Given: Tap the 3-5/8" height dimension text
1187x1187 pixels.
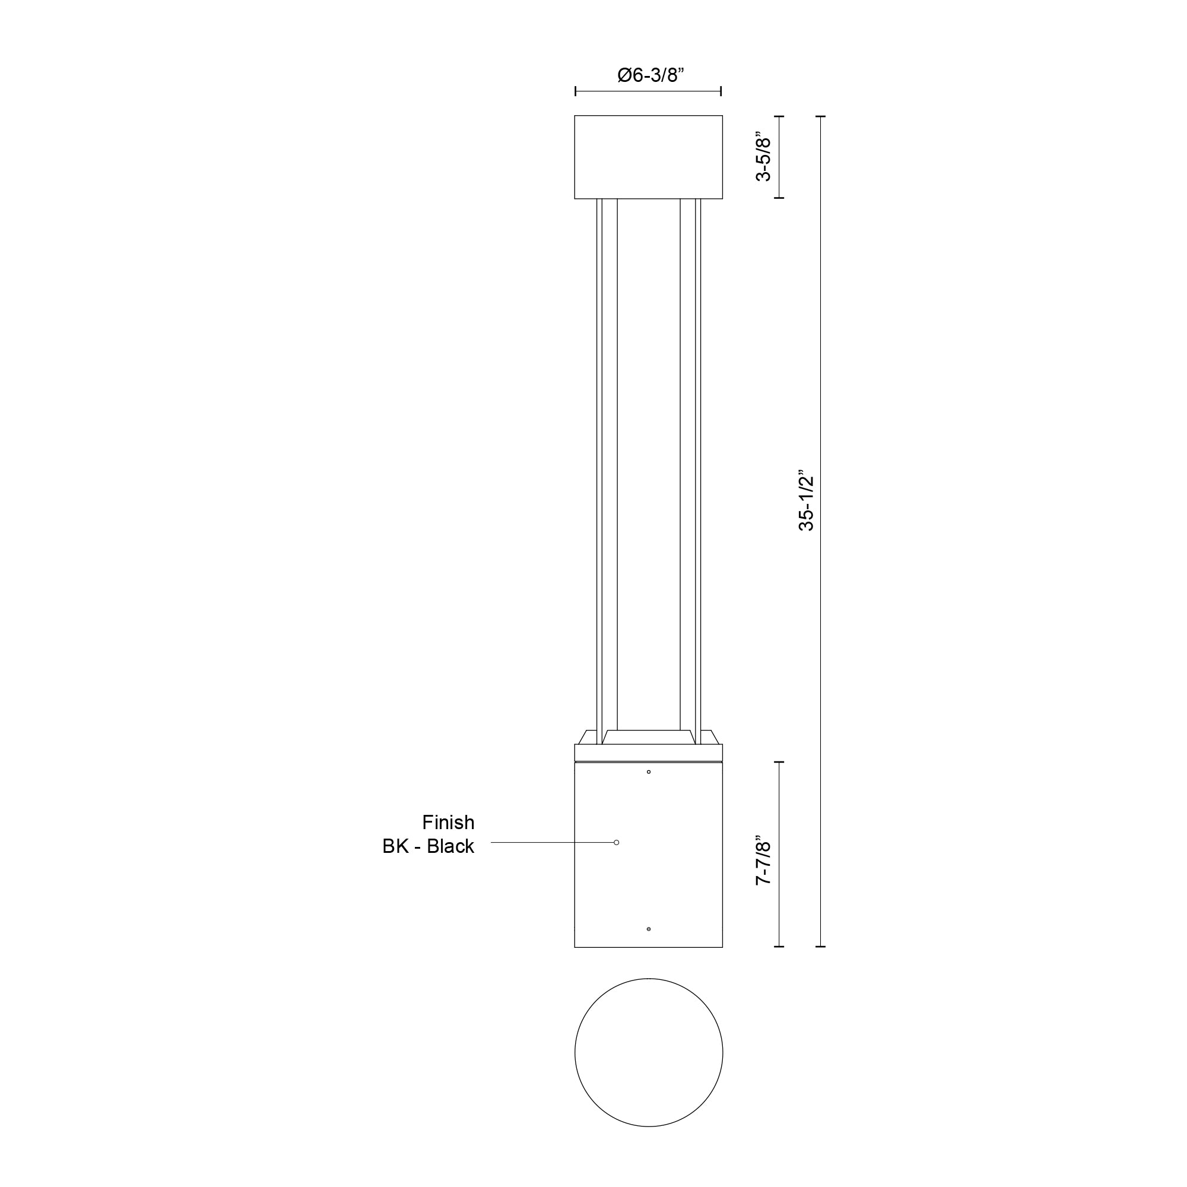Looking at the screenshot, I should [x=763, y=157].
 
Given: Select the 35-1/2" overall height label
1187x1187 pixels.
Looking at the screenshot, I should [x=806, y=502].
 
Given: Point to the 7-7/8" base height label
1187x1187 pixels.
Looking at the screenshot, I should [x=763, y=859].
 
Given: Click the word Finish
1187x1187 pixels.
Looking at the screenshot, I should [x=448, y=822].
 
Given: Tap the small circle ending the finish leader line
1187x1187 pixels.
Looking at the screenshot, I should [x=616, y=842].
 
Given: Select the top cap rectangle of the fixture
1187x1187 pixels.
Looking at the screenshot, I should [x=648, y=157].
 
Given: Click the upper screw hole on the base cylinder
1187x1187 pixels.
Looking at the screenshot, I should [x=649, y=772].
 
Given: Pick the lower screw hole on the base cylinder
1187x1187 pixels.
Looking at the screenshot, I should [x=649, y=929].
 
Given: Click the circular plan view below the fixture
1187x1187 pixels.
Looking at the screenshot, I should [x=648, y=1052].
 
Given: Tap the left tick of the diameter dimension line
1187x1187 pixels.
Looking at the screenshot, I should [x=576, y=91].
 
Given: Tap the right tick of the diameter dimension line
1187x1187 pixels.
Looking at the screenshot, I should [x=721, y=91].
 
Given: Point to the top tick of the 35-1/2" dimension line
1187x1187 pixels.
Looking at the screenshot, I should [x=822, y=116].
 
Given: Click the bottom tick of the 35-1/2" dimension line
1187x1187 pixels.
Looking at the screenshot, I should [x=822, y=946].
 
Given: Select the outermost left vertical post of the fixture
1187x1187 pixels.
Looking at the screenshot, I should [x=599, y=467].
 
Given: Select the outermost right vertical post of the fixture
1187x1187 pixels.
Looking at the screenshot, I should [x=698, y=467].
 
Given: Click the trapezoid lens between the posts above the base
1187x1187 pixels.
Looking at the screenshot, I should [x=648, y=737].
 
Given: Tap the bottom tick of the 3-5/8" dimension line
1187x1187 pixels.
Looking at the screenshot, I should [x=779, y=198].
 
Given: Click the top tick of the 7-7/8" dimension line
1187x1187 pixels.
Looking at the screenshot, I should [x=779, y=762].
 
